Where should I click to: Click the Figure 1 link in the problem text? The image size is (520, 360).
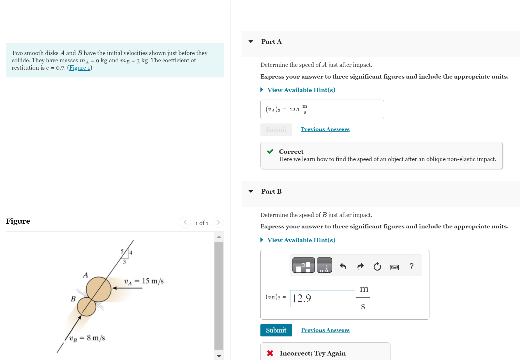coord(80,68)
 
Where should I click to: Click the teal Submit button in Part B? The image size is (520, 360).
coord(276,330)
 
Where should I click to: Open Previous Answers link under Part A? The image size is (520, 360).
coord(325,129)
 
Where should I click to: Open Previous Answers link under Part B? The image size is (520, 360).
coord(325,330)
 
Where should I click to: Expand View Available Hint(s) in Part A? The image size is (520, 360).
coord(301,90)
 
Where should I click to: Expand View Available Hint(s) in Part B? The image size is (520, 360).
coord(301,240)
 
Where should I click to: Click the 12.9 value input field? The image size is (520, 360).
coord(322,298)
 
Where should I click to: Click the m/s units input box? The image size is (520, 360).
coord(388,297)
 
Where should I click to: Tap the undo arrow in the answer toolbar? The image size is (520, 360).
coord(343,266)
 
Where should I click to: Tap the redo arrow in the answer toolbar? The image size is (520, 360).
coord(360,266)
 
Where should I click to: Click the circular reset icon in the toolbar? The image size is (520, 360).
coord(377,266)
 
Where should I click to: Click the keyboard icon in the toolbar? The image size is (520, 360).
coord(394,267)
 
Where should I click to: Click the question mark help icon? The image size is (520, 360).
coord(411,266)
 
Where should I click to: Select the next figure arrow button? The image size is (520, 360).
coord(218,223)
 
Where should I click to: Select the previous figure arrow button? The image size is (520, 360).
coord(185,223)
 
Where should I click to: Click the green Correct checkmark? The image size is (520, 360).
coord(270,152)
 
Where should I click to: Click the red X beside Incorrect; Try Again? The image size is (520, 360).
coord(270,353)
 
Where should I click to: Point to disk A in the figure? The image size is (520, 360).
coord(99,289)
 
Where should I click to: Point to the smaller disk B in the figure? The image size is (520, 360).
coord(86,307)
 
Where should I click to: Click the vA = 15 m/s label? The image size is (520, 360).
coord(144,281)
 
